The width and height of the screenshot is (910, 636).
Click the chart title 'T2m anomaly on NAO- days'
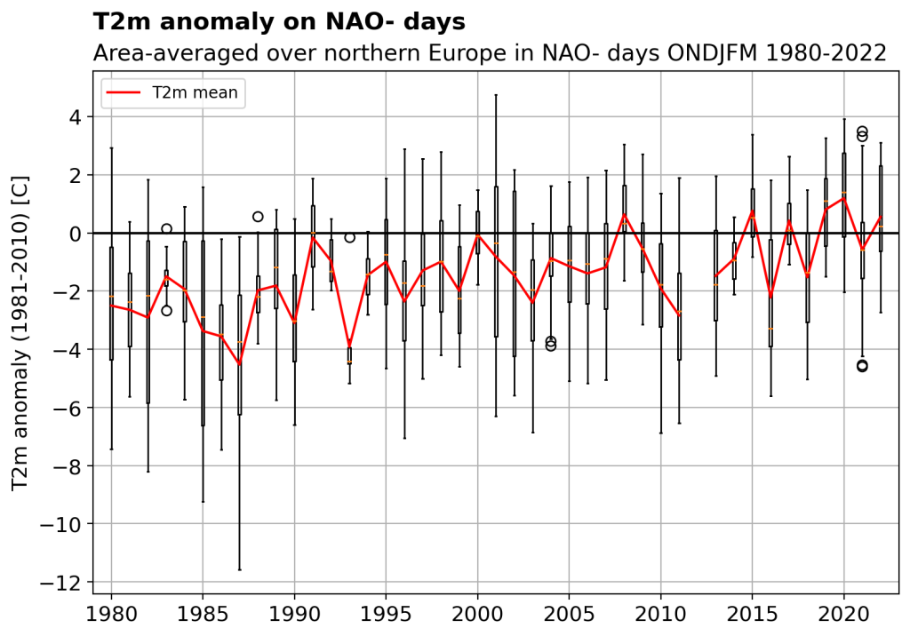pyautogui.click(x=278, y=21)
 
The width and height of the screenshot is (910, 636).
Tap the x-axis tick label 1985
pyautogui.click(x=203, y=613)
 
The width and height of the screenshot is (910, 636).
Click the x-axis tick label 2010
pyautogui.click(x=660, y=613)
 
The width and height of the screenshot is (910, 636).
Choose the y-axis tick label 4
pyautogui.click(x=75, y=117)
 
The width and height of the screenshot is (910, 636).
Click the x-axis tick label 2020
pyautogui.click(x=843, y=613)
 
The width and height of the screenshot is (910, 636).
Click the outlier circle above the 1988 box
pyautogui.click(x=258, y=216)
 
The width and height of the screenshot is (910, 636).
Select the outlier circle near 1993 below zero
pyautogui.click(x=349, y=237)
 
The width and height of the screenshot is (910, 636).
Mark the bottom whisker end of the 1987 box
pyautogui.click(x=239, y=569)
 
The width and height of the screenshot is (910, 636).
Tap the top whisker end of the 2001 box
pyautogui.click(x=496, y=95)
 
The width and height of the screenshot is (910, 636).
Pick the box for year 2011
pyautogui.click(x=679, y=316)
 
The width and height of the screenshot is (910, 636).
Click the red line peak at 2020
pyautogui.click(x=843, y=198)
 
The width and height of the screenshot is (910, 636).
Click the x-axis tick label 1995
pyautogui.click(x=386, y=613)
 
